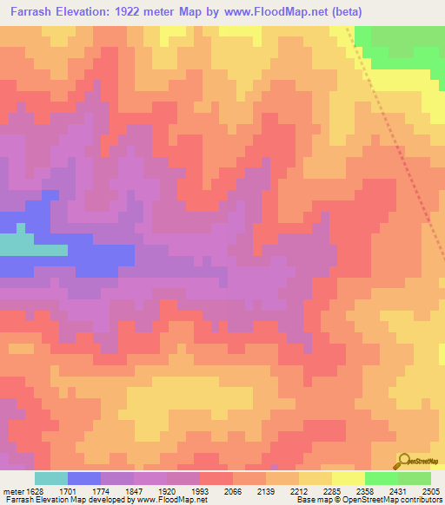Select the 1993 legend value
pos(200,490)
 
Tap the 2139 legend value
pos(266,490)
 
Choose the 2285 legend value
pos(332,490)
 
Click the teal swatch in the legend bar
pos(51,478)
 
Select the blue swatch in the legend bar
pos(84,478)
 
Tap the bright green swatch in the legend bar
pos(381,478)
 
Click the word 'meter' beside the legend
pos(13,490)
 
